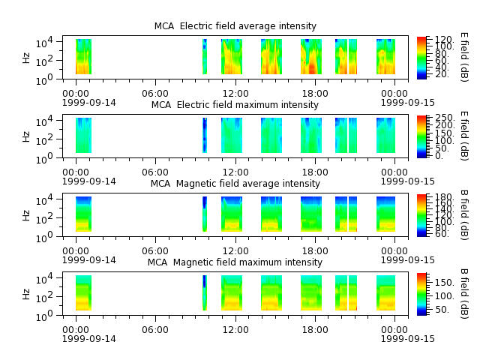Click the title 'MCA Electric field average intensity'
(x=235, y=26)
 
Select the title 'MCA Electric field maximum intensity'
(x=235, y=105)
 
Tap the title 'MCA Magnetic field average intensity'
(x=235, y=183)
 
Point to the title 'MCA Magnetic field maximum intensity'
(x=235, y=262)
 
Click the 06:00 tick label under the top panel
(x=155, y=93)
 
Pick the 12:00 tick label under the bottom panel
(x=235, y=330)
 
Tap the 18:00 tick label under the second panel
(x=315, y=172)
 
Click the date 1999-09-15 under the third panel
(x=408, y=260)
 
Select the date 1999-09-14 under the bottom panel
(x=89, y=338)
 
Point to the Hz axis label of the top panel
(x=26, y=58)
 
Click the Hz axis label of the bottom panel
(x=26, y=294)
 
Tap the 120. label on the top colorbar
(x=444, y=39)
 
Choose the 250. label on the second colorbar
(x=445, y=118)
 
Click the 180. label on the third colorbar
(x=444, y=196)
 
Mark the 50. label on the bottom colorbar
(x=442, y=310)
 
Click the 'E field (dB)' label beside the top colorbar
(x=464, y=57)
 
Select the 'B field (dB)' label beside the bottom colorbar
(x=464, y=294)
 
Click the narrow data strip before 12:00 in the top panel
(x=205, y=57)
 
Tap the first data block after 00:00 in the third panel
(x=83, y=214)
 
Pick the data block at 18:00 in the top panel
(x=311, y=57)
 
